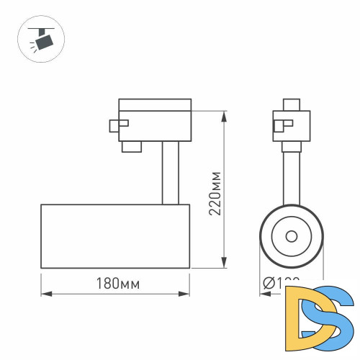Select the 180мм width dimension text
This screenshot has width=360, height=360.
(116, 284)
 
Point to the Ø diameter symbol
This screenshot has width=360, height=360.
(268, 284)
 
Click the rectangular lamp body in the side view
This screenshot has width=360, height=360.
(115, 236)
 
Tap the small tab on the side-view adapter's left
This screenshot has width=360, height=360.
(113, 125)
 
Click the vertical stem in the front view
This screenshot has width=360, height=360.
(292, 176)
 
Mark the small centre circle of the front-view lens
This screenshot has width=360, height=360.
(292, 235)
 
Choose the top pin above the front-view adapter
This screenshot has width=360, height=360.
(292, 104)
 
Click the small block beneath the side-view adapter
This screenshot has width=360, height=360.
(130, 147)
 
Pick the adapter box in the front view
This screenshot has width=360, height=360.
(292, 125)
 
